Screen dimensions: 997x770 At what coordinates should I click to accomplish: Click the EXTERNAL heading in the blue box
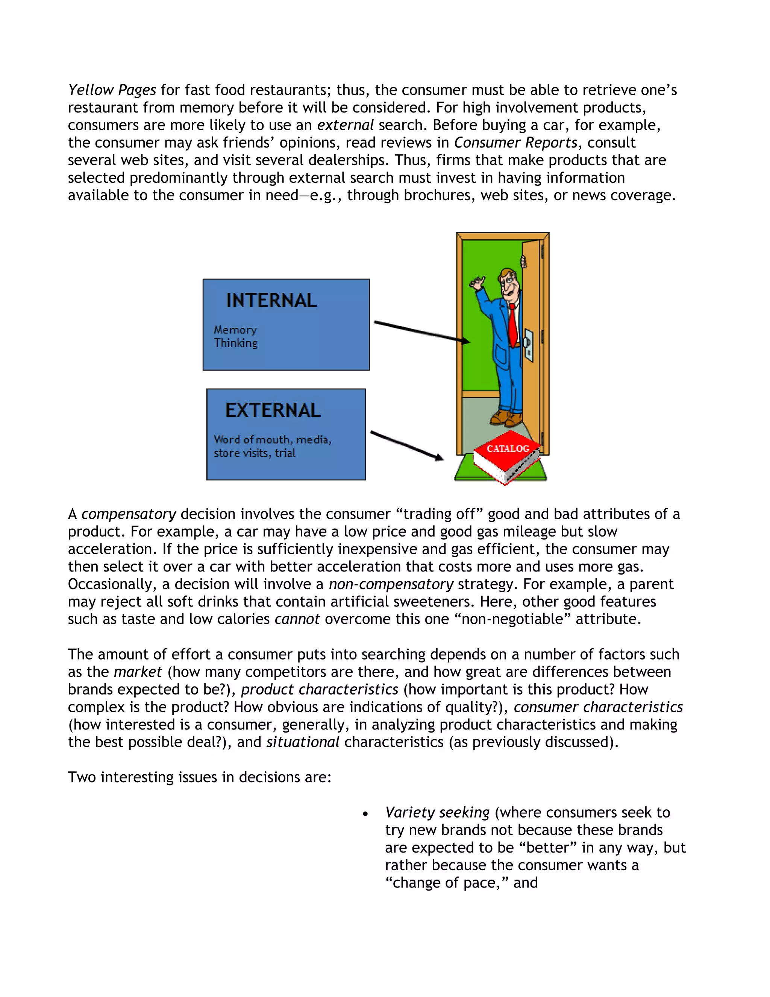[273, 410]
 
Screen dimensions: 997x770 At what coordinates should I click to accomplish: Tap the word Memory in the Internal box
[235, 330]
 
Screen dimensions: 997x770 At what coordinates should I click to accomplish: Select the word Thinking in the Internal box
[235, 343]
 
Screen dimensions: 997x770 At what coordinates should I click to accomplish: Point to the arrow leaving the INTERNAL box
[421, 331]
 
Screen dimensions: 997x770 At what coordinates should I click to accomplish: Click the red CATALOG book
[506, 456]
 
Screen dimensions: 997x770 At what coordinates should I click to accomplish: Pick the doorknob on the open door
[528, 342]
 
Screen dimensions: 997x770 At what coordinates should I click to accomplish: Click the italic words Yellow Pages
[112, 90]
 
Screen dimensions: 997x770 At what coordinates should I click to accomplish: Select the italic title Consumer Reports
[515, 143]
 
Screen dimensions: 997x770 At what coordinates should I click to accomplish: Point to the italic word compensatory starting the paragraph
[129, 514]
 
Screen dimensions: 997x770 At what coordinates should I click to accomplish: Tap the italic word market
[138, 672]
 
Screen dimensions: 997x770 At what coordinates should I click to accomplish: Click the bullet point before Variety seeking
[365, 814]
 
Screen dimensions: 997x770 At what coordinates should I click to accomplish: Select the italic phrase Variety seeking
[437, 813]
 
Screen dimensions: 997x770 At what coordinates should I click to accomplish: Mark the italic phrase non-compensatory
[391, 584]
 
